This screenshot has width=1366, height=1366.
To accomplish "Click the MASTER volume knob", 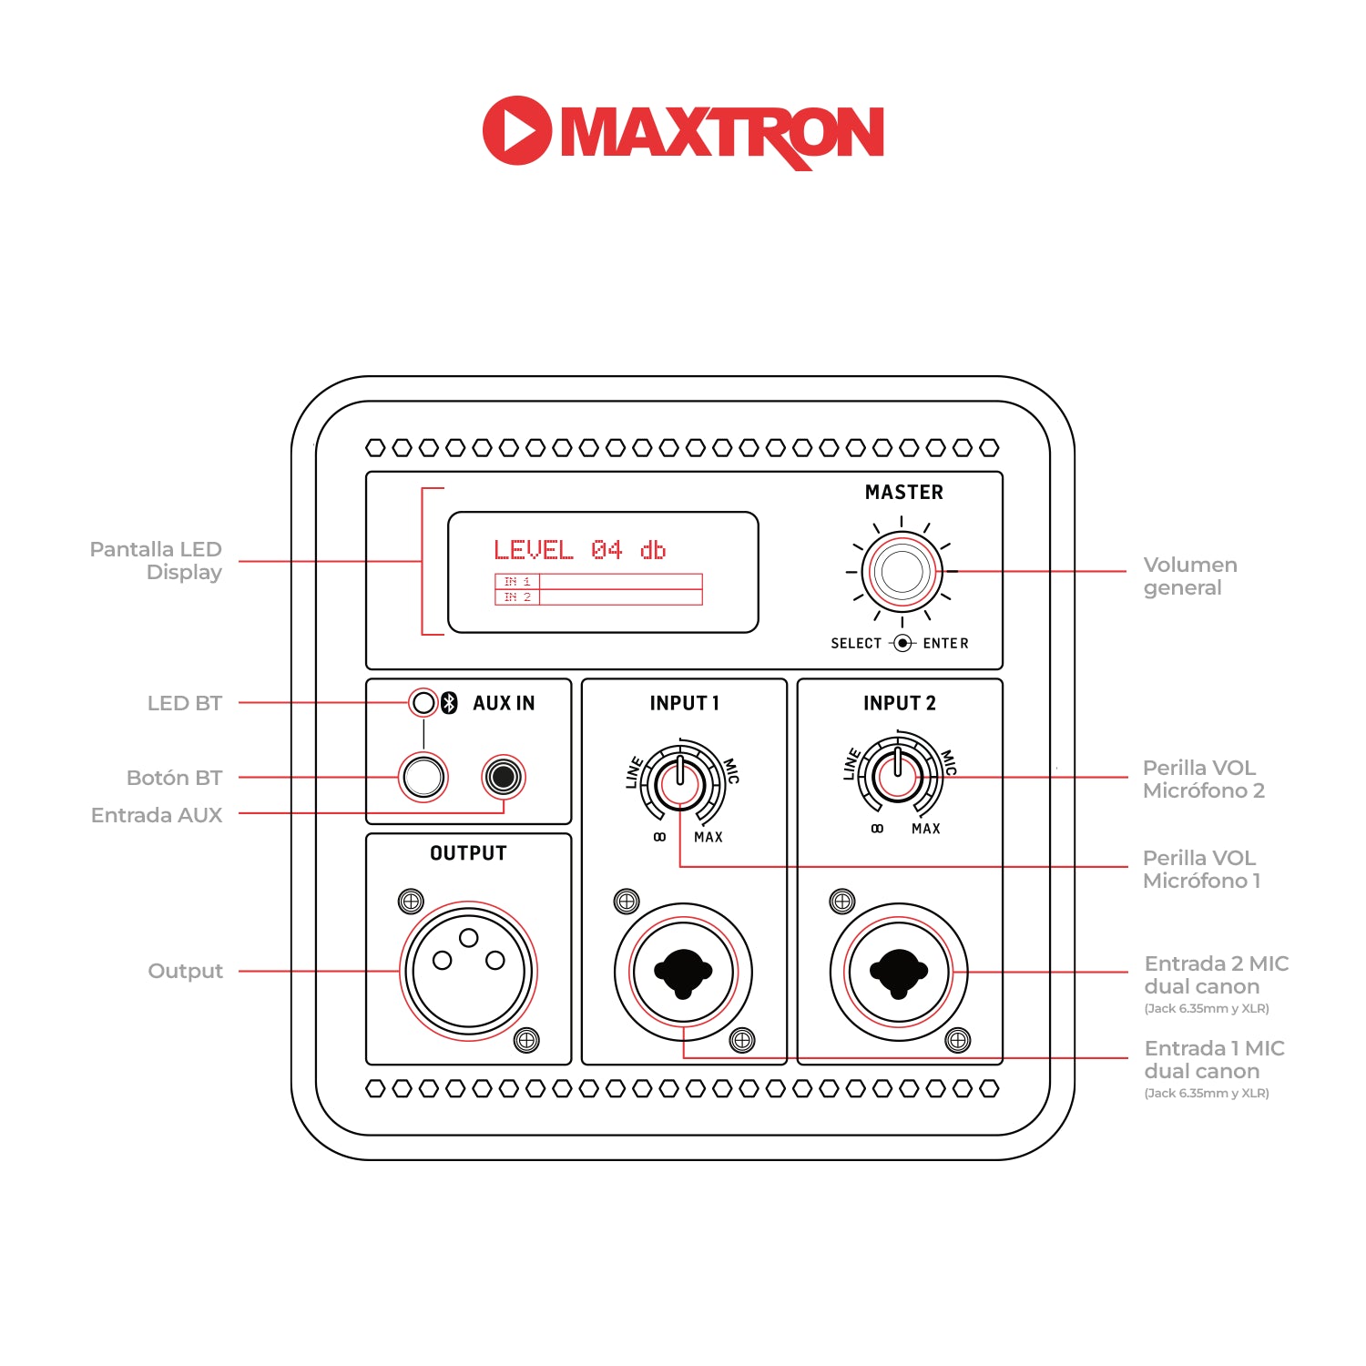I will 902,572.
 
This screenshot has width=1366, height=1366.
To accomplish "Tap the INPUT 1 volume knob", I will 680,783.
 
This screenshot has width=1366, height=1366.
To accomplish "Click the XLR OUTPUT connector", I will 468,971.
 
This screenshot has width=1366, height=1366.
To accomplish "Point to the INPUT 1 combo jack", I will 683,972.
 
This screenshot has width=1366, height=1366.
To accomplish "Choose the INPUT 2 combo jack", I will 899,972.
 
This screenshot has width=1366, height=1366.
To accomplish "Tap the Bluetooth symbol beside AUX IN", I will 449,703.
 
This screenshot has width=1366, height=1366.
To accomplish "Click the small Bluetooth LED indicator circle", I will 423,703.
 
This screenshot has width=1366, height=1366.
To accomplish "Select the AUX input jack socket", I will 503,777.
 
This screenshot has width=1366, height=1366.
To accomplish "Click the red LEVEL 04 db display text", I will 579,550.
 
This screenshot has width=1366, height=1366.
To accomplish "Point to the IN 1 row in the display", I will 598,581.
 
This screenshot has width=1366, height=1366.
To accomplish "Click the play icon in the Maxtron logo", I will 517,130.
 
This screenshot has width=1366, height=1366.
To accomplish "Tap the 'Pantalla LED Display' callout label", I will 157,561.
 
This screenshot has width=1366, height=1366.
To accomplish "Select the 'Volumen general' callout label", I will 1189,576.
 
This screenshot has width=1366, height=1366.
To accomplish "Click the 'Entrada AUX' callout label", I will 157,815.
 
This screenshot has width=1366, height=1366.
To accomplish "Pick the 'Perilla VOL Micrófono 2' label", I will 1203,779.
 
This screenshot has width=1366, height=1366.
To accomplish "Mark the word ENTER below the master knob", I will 945,643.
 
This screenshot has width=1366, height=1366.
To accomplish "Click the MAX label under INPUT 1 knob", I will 708,837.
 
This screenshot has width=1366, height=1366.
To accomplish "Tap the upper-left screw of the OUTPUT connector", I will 411,902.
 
